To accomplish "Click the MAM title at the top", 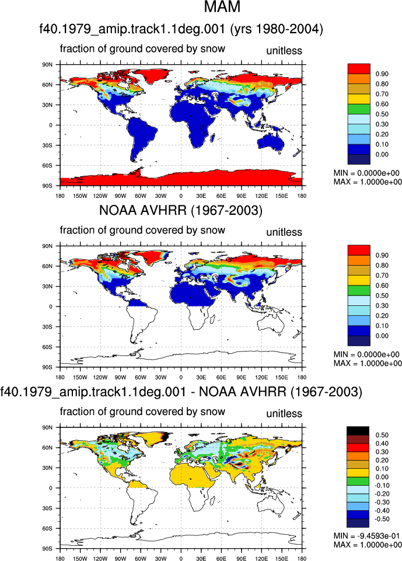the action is pyautogui.click(x=222, y=7).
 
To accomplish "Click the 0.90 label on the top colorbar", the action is pyautogui.click(x=382, y=74).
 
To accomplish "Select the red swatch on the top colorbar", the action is pyautogui.click(x=359, y=69).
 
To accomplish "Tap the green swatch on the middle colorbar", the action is pyautogui.click(x=359, y=291).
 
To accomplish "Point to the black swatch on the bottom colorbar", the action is pyautogui.click(x=358, y=431).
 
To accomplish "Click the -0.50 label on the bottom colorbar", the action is pyautogui.click(x=382, y=519).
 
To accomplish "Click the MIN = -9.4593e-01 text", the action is pyautogui.click(x=366, y=536).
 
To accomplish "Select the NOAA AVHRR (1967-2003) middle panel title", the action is pyautogui.click(x=181, y=210).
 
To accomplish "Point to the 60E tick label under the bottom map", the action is pyautogui.click(x=221, y=559).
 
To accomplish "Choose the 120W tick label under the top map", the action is pyautogui.click(x=100, y=196).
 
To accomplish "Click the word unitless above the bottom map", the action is pyautogui.click(x=284, y=413).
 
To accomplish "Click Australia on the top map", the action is pyautogui.click(x=271, y=142).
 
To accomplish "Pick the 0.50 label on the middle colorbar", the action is pyautogui.click(x=382, y=296).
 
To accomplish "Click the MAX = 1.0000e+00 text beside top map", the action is pyautogui.click(x=368, y=182).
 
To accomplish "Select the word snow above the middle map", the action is pyautogui.click(x=213, y=231).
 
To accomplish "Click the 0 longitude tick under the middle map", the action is pyautogui.click(x=181, y=377).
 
